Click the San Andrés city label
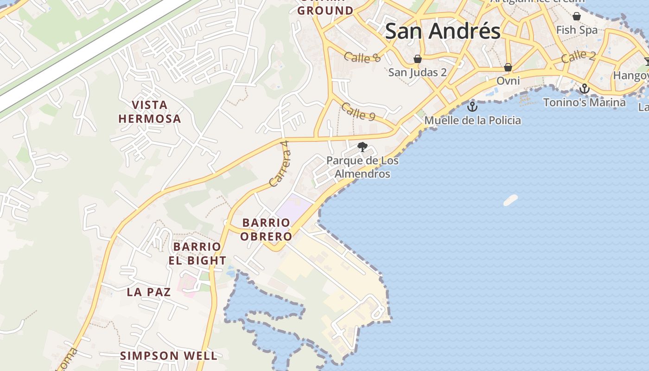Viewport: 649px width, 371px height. coord(443,32)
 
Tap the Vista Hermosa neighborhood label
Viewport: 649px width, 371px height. coord(149,112)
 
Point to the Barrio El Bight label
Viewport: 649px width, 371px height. coord(197,254)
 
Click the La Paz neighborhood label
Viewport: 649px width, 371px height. coord(149,292)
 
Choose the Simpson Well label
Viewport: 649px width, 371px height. coord(169,356)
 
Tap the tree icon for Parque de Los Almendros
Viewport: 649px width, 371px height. coord(363,147)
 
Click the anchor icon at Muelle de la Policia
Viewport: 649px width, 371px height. coord(472,107)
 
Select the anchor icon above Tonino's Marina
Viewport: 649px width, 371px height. coord(585,89)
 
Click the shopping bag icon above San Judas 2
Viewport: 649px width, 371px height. coord(417,59)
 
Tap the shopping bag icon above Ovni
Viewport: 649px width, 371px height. coord(508,67)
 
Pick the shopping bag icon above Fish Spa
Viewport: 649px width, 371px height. coord(577,17)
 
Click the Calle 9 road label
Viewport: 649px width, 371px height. coord(358,112)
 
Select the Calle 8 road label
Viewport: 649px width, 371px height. coord(362,58)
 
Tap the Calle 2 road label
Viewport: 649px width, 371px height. coord(578,57)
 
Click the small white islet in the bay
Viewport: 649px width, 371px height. coord(510,200)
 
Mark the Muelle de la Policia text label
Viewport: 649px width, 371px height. coord(473,121)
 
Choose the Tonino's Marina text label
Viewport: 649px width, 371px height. coord(584,102)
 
